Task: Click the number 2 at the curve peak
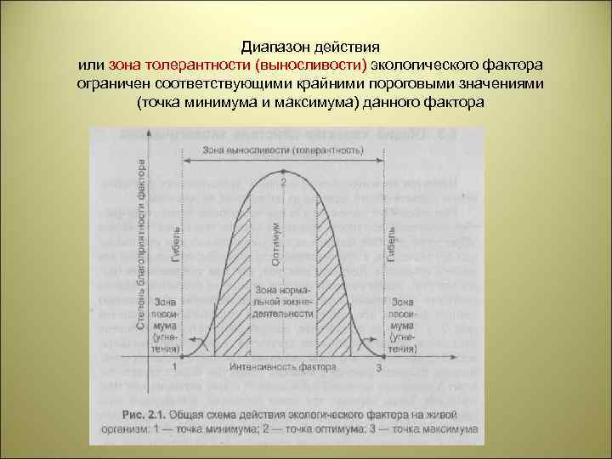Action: [283, 182]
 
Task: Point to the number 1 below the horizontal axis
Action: [175, 367]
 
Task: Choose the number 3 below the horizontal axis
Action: [378, 367]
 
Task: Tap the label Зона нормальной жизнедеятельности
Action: [283, 302]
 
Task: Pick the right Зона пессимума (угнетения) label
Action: [403, 325]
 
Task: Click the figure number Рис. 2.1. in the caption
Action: [139, 416]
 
